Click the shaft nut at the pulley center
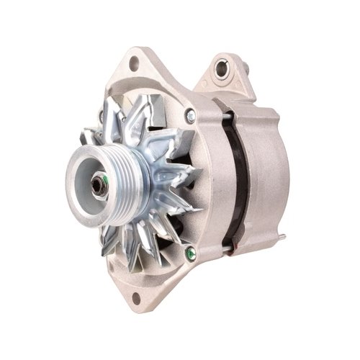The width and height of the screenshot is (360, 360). coord(97,184)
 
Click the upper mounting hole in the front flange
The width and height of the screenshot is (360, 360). coord(135,66)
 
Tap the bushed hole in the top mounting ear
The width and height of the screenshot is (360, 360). coord(222,69)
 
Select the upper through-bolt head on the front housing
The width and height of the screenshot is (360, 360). coord(190,115)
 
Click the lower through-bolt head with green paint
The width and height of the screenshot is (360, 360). coord(190,253)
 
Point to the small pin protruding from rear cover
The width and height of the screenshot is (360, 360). coord(282,237)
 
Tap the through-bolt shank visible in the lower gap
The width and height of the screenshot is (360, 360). coord(229,250)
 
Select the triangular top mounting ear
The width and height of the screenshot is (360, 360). coord(227,76)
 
